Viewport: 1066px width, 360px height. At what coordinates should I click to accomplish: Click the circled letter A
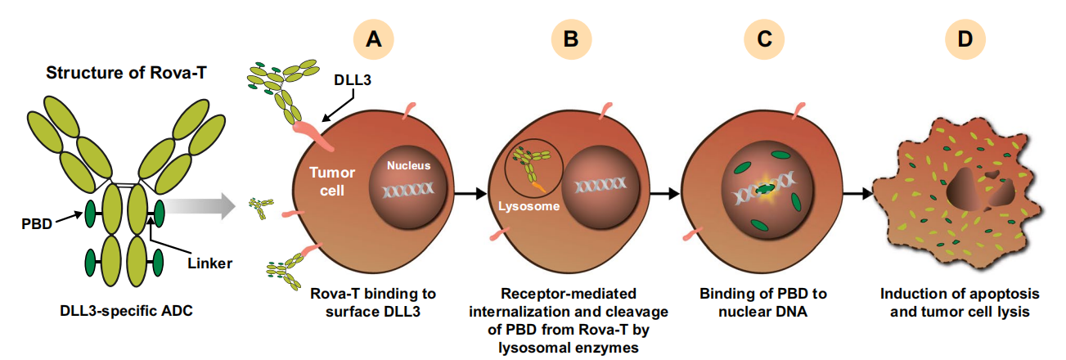point(374,39)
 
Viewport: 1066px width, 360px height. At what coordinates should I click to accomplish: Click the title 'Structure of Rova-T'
point(125,73)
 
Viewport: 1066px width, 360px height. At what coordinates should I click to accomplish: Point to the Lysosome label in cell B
point(529,207)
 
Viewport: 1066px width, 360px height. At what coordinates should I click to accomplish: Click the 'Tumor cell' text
point(332,182)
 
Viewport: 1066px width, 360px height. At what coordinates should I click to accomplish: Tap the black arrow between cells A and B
point(470,194)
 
